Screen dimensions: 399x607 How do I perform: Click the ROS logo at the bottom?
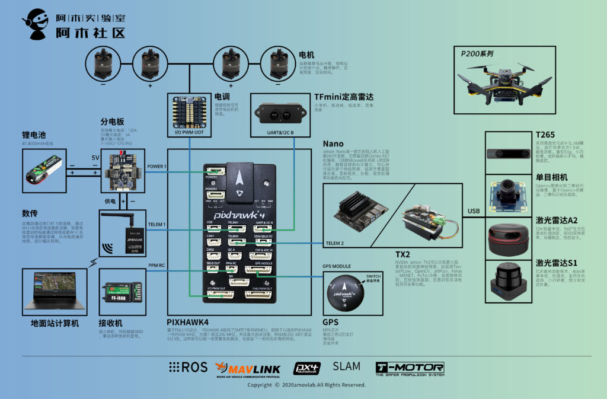tap(189, 367)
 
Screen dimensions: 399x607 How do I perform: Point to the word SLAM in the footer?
tap(347, 366)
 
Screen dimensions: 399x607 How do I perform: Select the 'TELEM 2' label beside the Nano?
tap(336, 243)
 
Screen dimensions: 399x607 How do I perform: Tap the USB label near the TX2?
tap(474, 212)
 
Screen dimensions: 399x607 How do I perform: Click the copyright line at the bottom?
tap(306, 385)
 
